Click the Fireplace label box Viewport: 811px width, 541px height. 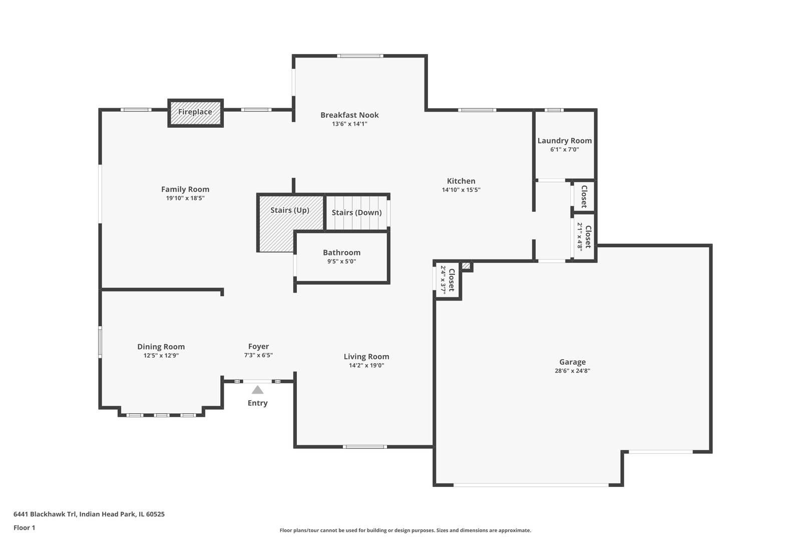195,113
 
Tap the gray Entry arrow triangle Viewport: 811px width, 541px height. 257,390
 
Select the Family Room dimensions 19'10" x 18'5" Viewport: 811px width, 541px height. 185,198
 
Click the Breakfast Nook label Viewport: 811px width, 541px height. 349,115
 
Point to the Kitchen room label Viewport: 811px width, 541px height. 461,181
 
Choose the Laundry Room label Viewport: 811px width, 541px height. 564,141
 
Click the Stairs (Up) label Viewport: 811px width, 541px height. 290,210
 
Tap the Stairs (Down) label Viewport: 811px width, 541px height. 356,212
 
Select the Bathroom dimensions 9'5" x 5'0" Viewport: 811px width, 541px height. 342,261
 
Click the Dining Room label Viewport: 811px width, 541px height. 161,347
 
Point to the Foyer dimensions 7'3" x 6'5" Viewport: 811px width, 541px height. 258,355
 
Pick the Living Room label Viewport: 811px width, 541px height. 366,357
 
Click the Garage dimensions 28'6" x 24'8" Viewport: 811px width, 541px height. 572,371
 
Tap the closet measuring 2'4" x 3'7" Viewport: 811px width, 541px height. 448,280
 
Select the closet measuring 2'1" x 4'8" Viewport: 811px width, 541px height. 584,236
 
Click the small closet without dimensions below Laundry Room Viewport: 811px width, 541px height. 584,196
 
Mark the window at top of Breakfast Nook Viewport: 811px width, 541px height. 360,56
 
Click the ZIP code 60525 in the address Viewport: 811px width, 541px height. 155,514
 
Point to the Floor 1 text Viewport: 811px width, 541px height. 24,527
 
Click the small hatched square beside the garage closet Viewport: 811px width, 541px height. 466,266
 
